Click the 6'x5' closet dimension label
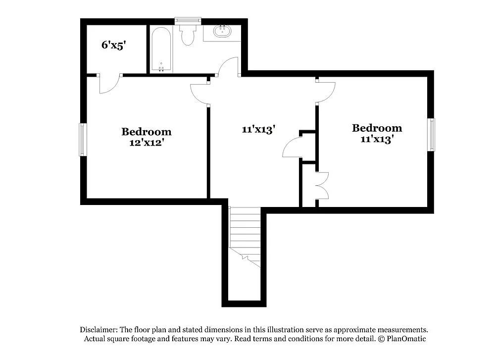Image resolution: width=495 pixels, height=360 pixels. pyautogui.click(x=114, y=45)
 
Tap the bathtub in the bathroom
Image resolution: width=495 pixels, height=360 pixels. pyautogui.click(x=161, y=50)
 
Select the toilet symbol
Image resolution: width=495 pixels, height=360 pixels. pyautogui.click(x=188, y=35)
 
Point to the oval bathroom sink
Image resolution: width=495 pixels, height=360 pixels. pyautogui.click(x=222, y=31)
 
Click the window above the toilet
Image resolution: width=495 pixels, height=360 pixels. pyautogui.click(x=188, y=20)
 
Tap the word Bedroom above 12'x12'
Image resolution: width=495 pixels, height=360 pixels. pyautogui.click(x=147, y=132)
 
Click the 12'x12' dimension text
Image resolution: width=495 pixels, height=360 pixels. pyautogui.click(x=147, y=142)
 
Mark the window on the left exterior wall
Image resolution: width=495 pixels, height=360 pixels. pyautogui.click(x=83, y=140)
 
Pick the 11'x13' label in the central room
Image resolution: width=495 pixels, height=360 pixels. pyautogui.click(x=258, y=130)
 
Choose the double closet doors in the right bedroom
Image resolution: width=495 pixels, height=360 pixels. pyautogui.click(x=322, y=186)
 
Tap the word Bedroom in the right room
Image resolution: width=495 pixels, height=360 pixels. pyautogui.click(x=377, y=128)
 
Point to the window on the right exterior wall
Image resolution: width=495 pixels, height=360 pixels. pyautogui.click(x=432, y=135)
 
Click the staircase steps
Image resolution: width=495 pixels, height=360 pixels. pyautogui.click(x=245, y=233)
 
